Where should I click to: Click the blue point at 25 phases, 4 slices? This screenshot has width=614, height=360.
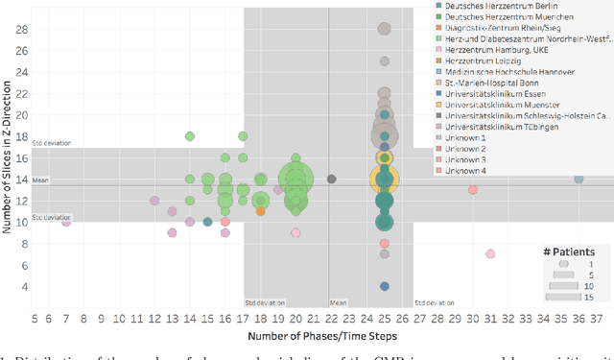385,286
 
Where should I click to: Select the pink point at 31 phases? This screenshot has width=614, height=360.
490,254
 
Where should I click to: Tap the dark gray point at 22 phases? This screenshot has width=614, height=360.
332,179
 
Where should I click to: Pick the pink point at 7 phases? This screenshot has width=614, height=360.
66,222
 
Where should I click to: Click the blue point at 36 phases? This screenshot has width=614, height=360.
579,179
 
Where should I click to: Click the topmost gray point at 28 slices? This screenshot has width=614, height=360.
385,29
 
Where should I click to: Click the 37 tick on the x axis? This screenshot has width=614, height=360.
596,318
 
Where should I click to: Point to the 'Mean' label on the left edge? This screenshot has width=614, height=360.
40,180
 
